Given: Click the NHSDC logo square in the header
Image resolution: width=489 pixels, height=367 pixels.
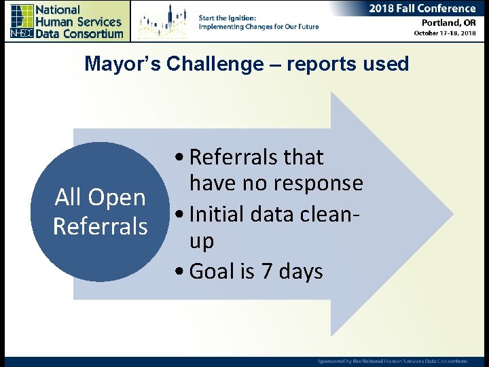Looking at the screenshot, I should [x=22, y=21].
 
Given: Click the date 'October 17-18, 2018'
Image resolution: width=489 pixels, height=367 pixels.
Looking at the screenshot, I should [x=445, y=33].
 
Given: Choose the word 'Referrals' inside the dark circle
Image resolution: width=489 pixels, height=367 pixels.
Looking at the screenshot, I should [x=101, y=226].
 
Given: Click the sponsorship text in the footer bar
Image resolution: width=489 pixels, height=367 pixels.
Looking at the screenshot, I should [x=393, y=361].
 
